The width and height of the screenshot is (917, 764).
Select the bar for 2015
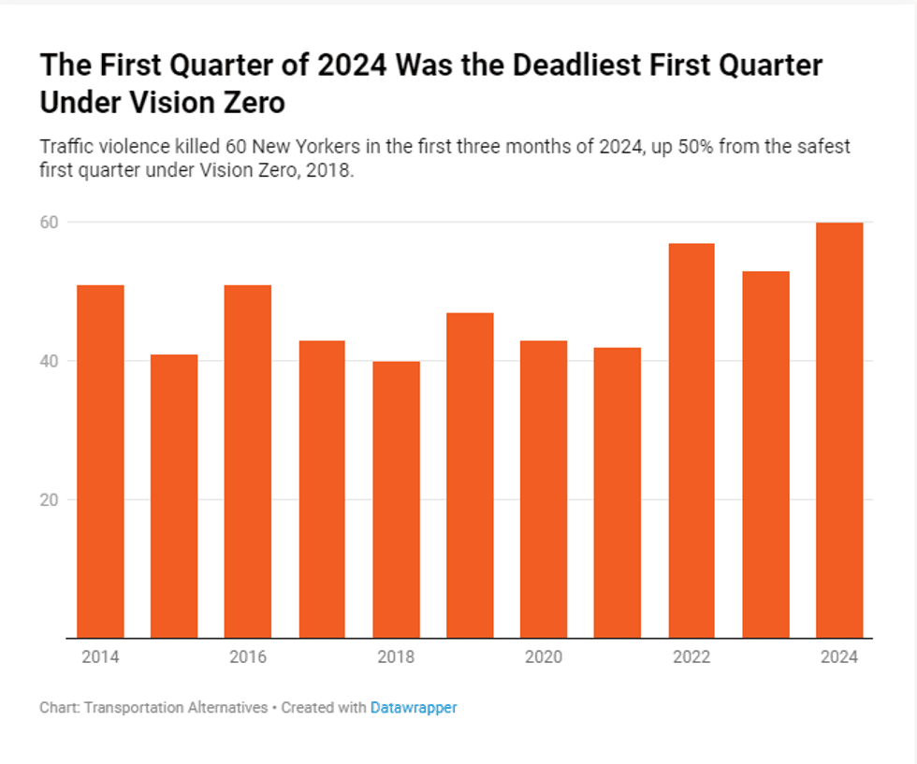174,496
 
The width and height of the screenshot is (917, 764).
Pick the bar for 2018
396,499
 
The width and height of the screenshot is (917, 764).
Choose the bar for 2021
618,492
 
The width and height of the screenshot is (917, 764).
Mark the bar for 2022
691,440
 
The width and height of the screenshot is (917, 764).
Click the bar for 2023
765,454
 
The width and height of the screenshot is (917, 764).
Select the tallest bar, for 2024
839,430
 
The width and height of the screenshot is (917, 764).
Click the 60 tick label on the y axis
49,223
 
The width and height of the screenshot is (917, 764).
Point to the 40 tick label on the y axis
49,361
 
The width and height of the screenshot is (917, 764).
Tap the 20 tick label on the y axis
49,499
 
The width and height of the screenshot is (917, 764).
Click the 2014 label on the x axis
100,657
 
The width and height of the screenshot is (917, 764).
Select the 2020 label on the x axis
544,657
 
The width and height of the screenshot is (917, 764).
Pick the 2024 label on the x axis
839,657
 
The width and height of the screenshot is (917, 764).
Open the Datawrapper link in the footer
414,708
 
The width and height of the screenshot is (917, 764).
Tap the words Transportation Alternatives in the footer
176,708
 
